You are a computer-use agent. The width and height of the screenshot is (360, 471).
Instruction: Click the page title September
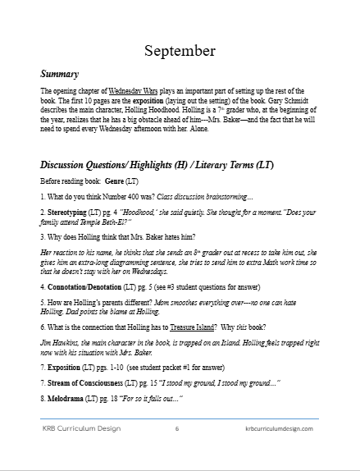coord(180,51)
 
